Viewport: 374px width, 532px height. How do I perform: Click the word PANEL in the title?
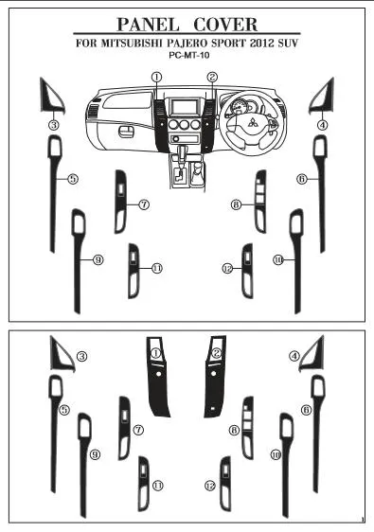pyautogui.click(x=148, y=25)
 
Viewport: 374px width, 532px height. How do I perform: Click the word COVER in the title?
pyautogui.click(x=225, y=25)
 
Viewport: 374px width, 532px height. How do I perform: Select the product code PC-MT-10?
pyautogui.click(x=189, y=55)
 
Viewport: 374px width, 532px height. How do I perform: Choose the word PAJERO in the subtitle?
pyautogui.click(x=187, y=44)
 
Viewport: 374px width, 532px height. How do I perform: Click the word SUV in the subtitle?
pyautogui.click(x=288, y=44)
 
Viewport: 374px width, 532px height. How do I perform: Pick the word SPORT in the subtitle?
pyautogui.click(x=228, y=44)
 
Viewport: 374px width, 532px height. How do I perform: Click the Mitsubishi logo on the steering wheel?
pyautogui.click(x=253, y=122)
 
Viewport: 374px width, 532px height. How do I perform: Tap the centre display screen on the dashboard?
pyautogui.click(x=185, y=107)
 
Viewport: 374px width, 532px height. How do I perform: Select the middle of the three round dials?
pyautogui.click(x=185, y=124)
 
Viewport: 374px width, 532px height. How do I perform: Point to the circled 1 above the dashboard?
pyautogui.click(x=156, y=77)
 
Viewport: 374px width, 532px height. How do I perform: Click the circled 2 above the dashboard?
pyautogui.click(x=212, y=77)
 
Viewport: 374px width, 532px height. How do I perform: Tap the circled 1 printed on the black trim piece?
pyautogui.click(x=156, y=353)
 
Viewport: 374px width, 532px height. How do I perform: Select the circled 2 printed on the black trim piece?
pyautogui.click(x=216, y=353)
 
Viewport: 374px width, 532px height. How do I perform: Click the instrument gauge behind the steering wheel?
pyautogui.click(x=239, y=106)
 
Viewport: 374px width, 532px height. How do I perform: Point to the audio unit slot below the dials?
pyautogui.click(x=185, y=138)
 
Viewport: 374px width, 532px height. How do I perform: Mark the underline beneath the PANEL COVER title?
pyautogui.click(x=187, y=33)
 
